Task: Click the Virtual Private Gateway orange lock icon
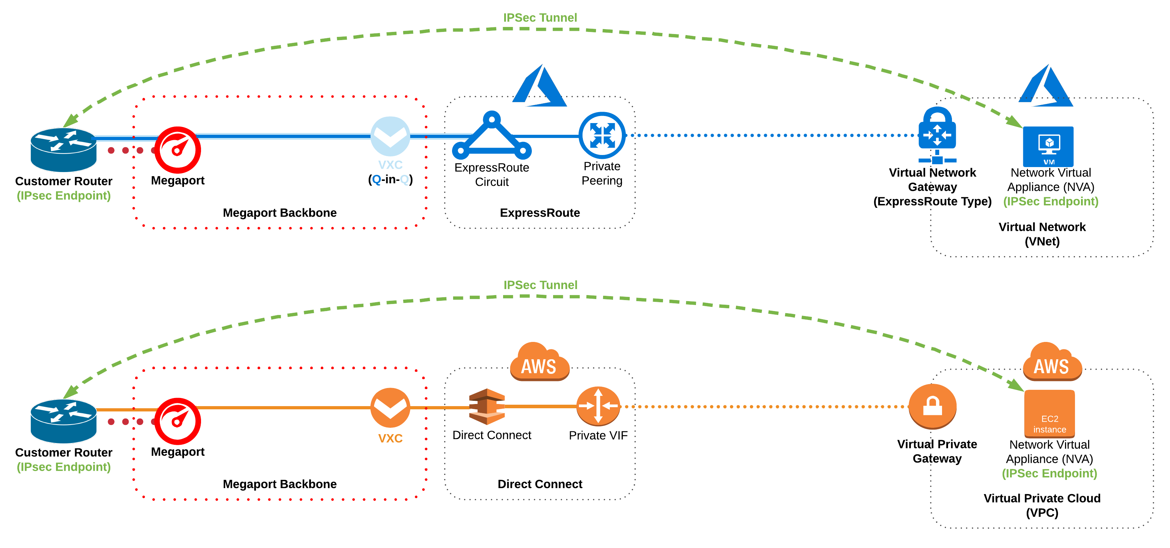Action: (x=932, y=406)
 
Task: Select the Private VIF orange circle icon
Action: (x=598, y=406)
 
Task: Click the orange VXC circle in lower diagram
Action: (x=390, y=408)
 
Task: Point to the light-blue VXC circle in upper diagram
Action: (x=390, y=136)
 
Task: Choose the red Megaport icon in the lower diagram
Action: (x=178, y=421)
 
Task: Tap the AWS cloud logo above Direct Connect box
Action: (x=539, y=362)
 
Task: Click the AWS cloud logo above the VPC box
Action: (x=1052, y=362)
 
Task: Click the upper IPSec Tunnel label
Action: (x=540, y=18)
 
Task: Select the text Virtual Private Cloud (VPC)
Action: (x=1042, y=505)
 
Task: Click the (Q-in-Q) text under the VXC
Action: (x=390, y=179)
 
